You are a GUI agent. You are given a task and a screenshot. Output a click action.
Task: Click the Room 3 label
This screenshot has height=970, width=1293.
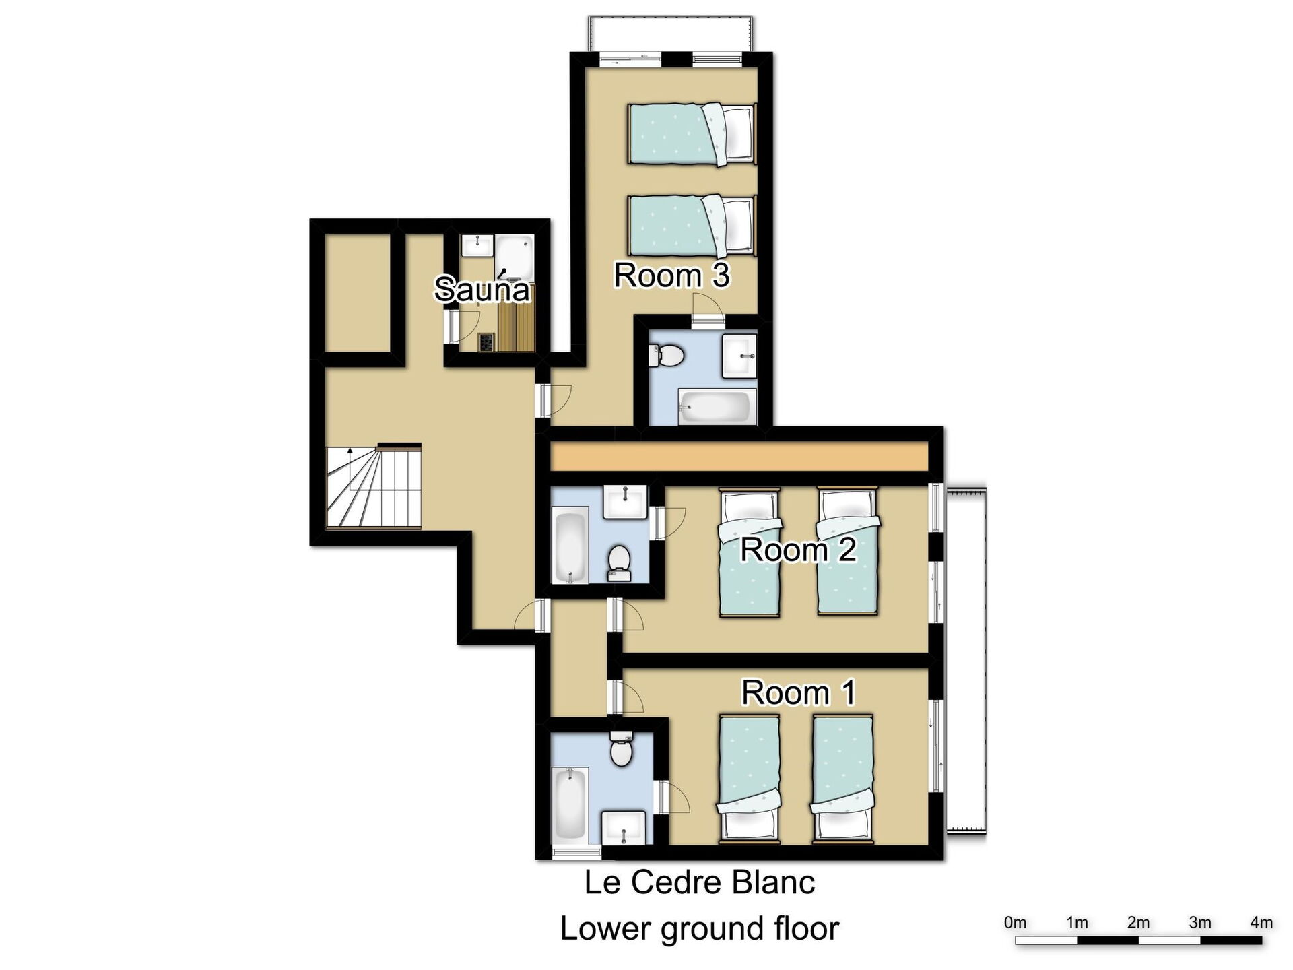pos(671,276)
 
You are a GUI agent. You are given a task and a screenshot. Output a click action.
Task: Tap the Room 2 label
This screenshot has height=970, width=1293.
pos(798,550)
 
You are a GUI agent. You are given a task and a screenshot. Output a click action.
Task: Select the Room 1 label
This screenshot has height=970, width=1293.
pos(798,692)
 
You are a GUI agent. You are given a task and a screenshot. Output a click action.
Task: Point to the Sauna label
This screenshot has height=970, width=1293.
pos(482,290)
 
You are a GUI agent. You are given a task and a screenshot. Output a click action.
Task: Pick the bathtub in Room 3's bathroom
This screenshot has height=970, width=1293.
pos(714,407)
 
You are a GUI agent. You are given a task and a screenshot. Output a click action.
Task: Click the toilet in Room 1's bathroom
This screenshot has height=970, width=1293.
pos(621,749)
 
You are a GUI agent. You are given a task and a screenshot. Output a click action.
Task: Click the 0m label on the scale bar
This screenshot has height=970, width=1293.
pos(1015,923)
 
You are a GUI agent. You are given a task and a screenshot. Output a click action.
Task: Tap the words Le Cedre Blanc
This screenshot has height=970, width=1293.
pos(700,882)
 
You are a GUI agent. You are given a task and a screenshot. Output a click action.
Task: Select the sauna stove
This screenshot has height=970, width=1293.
pos(486,342)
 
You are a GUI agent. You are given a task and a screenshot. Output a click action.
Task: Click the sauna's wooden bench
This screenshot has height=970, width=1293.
pos(515,328)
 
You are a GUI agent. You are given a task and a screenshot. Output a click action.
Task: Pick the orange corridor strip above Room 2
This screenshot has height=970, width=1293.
pos(739,456)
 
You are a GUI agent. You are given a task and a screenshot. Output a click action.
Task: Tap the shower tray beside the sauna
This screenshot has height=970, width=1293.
pos(515,258)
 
